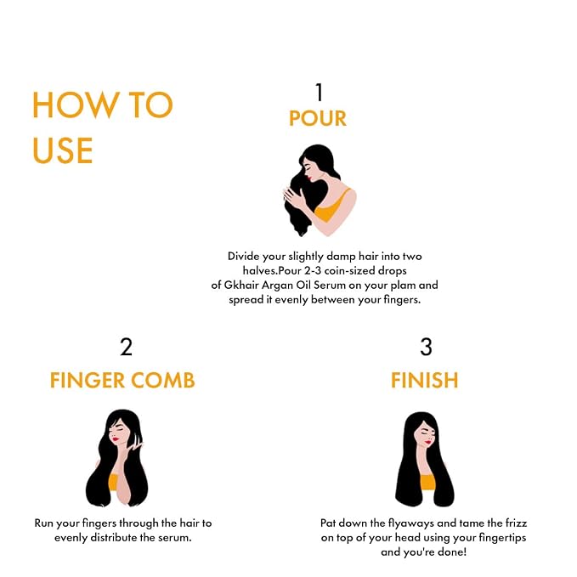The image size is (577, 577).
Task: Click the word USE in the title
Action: [63, 150]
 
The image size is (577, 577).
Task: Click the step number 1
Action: [319, 92]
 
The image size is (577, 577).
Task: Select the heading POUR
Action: [318, 118]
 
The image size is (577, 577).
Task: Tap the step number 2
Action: [127, 347]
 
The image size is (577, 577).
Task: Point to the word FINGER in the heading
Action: [88, 380]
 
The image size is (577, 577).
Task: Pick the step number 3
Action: [426, 347]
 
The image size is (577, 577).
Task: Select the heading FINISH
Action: [425, 380]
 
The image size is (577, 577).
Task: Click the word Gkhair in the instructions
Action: [241, 286]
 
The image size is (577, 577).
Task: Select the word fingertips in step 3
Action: [502, 538]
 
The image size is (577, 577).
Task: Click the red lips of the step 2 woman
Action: [116, 439]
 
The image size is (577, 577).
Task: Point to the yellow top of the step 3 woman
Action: [427, 482]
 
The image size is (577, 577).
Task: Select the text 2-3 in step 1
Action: [313, 271]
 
